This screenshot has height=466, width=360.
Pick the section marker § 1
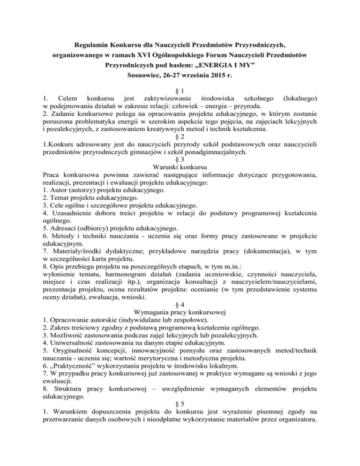click(x=180, y=90)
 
